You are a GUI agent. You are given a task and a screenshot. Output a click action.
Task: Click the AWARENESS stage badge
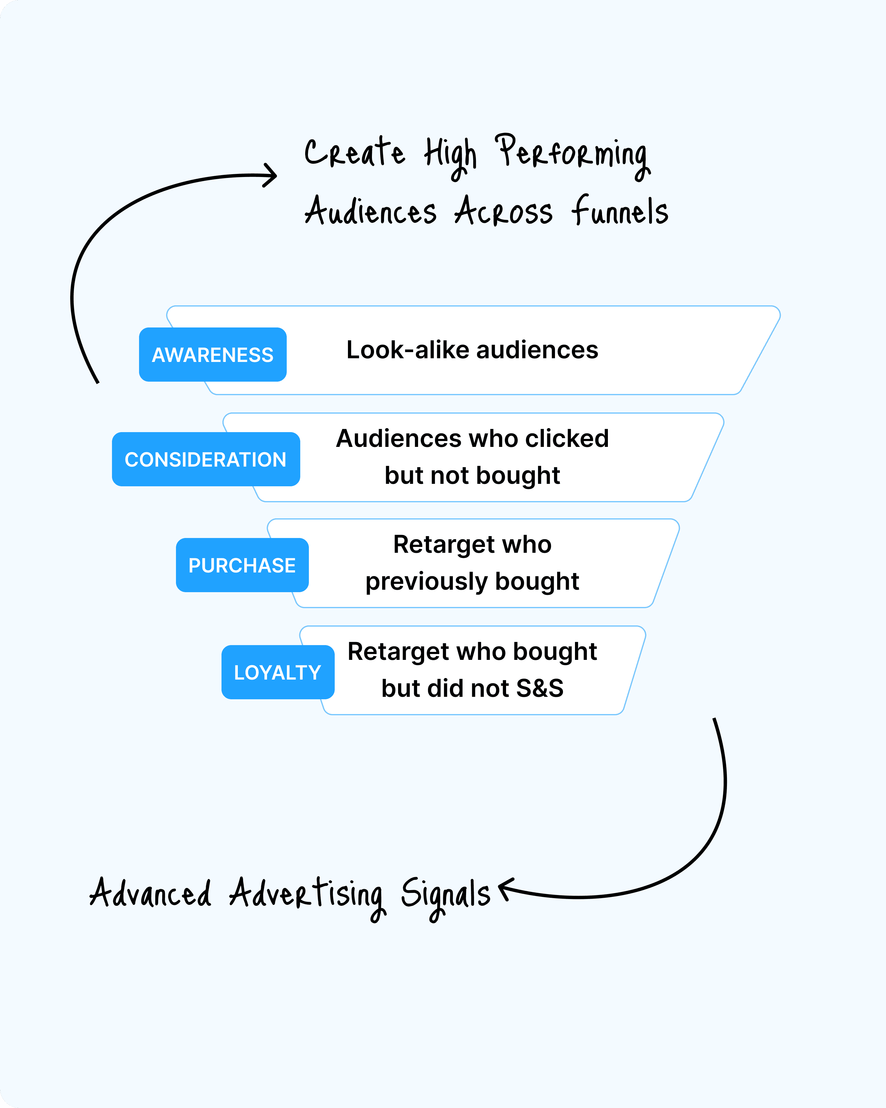(x=213, y=355)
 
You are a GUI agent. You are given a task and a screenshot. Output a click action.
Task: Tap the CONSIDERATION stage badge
(x=206, y=459)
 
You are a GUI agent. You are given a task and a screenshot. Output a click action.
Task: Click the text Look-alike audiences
(x=472, y=350)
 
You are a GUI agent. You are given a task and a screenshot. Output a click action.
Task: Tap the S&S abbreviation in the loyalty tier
(x=540, y=688)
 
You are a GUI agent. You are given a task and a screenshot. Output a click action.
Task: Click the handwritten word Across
(x=503, y=211)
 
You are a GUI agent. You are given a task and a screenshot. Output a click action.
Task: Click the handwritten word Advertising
(x=307, y=897)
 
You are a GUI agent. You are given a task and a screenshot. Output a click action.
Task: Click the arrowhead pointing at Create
(x=271, y=175)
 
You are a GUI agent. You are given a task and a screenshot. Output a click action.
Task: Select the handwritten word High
(x=450, y=157)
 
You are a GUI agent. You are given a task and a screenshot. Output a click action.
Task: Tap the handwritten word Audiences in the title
(x=370, y=211)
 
